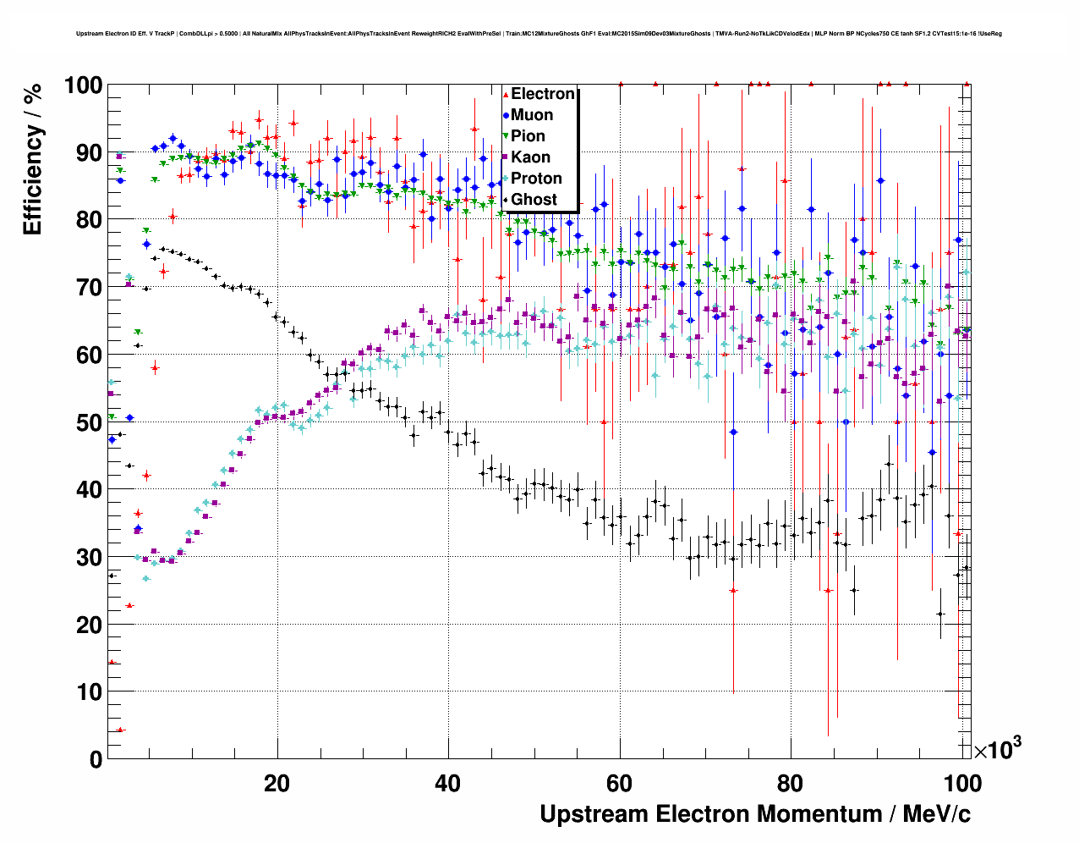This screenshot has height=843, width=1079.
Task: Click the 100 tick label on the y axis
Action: tap(83, 85)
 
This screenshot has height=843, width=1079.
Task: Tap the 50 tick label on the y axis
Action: tap(89, 422)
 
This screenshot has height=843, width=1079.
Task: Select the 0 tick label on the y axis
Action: tap(96, 759)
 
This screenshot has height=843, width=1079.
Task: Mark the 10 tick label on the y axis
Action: tap(89, 692)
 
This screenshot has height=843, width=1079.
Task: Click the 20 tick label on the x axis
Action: tap(277, 783)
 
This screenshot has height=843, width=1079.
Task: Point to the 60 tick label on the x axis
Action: tap(620, 783)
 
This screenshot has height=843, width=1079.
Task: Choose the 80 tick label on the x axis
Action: tap(791, 783)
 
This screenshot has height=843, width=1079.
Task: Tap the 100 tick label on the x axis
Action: tap(961, 783)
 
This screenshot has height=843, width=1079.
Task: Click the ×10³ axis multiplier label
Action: tap(997, 748)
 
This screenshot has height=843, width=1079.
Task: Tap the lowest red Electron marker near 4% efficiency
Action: tap(120, 730)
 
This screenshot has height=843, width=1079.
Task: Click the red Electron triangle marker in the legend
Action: tap(506, 94)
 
